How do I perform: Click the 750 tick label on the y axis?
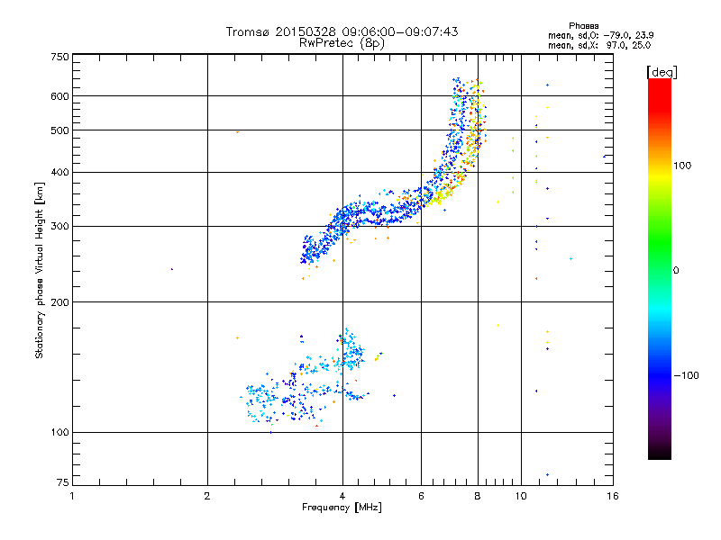click(59, 56)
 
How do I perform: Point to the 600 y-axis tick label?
click(59, 95)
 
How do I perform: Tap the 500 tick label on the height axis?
click(59, 130)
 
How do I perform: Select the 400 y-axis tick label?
click(59, 172)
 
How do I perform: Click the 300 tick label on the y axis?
click(59, 226)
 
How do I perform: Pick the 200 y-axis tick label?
click(59, 301)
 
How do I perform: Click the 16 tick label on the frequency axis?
click(612, 496)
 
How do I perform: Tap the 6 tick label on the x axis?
click(422, 496)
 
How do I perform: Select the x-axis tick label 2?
click(207, 496)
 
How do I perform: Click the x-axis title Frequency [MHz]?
click(342, 508)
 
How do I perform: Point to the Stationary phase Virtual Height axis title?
click(40, 270)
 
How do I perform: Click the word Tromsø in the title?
click(249, 31)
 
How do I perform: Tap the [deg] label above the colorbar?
click(662, 71)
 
